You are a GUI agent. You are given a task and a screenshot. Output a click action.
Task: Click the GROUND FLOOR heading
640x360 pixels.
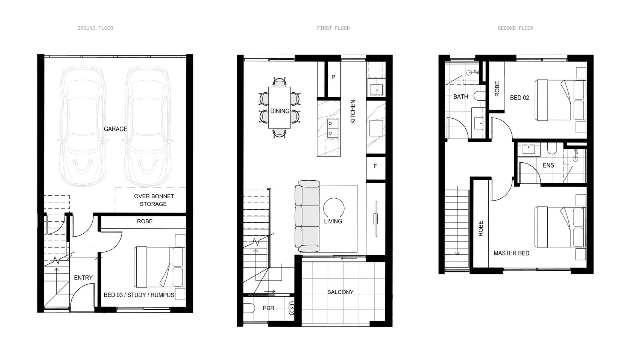click(x=95, y=28)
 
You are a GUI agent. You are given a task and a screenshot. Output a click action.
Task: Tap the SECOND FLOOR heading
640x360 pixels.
click(x=515, y=28)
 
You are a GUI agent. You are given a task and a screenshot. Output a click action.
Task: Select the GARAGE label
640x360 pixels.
click(x=115, y=129)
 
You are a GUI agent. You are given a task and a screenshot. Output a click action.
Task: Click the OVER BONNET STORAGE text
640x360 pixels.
click(x=154, y=200)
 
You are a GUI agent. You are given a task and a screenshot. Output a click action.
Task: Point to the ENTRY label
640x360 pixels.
click(x=83, y=278)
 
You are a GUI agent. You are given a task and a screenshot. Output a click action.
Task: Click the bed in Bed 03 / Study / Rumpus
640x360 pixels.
click(x=159, y=267)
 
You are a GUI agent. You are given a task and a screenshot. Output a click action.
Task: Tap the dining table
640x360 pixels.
click(x=279, y=108)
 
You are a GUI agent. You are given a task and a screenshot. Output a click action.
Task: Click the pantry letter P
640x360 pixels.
click(x=333, y=77)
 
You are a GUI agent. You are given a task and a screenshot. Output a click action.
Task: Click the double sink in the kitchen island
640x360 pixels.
click(x=333, y=128)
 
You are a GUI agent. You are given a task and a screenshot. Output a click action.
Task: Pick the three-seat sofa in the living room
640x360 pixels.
click(x=307, y=216)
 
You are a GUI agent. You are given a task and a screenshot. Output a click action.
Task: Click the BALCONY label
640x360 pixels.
click(x=340, y=292)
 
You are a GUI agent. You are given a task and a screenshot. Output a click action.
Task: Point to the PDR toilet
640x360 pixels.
click(x=249, y=308)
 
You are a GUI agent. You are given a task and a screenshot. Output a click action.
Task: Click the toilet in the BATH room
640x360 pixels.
click(x=479, y=96)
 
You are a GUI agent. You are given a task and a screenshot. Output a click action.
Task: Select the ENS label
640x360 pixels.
click(x=548, y=165)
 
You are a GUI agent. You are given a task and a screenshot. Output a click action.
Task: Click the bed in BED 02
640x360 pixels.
click(x=560, y=100)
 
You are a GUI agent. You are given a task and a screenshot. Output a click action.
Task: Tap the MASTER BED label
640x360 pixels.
click(x=511, y=253)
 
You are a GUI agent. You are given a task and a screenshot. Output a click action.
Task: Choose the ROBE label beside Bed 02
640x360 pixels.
click(x=497, y=89)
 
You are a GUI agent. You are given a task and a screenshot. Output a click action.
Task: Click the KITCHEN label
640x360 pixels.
click(x=353, y=111)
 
